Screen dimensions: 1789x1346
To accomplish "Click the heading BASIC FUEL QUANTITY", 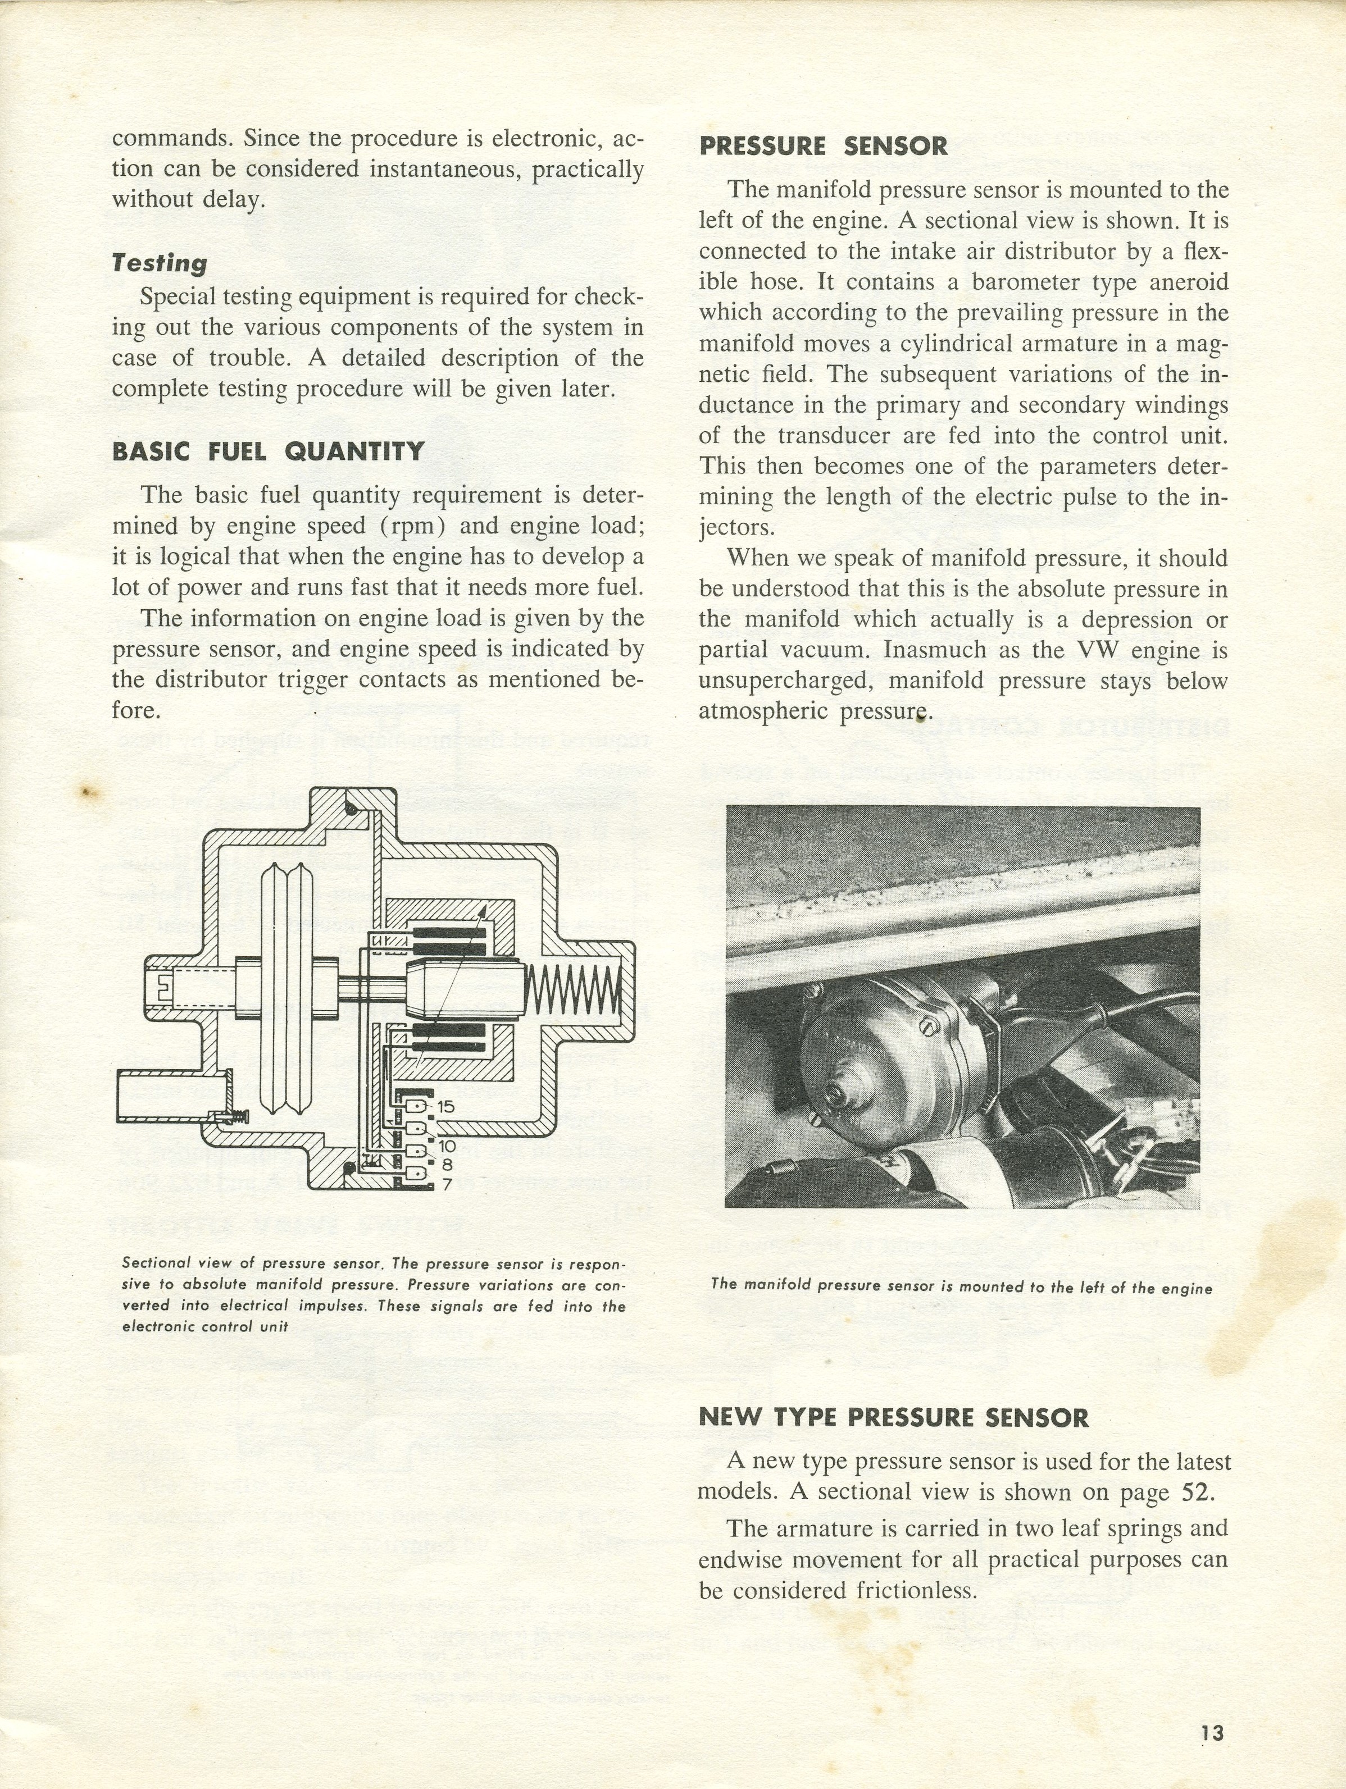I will pyautogui.click(x=268, y=451).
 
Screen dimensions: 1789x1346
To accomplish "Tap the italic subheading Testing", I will pyautogui.click(x=160, y=263).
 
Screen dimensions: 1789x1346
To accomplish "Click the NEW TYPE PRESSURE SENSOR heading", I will pyautogui.click(x=893, y=1418).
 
